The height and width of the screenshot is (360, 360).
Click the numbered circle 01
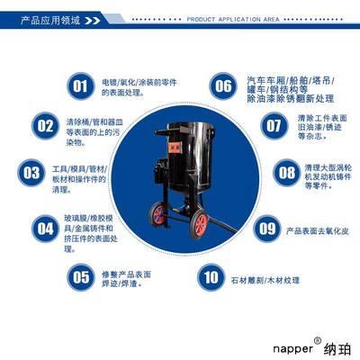pyautogui.click(x=79, y=86)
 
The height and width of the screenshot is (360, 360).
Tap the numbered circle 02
pyautogui.click(x=46, y=126)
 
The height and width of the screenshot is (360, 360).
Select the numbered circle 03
pyautogui.click(x=31, y=172)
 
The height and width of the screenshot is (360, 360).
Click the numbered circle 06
pyautogui.click(x=222, y=86)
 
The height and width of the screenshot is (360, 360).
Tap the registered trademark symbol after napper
pyautogui.click(x=316, y=339)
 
